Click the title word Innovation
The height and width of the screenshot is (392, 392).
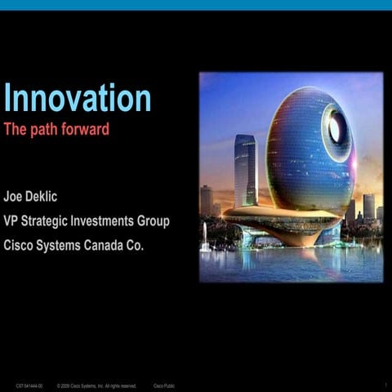coord(78,98)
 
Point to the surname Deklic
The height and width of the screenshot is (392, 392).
coord(48,199)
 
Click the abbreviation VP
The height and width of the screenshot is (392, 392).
coord(12,221)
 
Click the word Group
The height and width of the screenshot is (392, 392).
coord(155,221)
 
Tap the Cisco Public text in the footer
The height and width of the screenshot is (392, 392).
coord(164,385)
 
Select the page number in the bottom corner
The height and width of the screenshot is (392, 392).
coord(384,385)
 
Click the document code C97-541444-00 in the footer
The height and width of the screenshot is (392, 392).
coord(29,385)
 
